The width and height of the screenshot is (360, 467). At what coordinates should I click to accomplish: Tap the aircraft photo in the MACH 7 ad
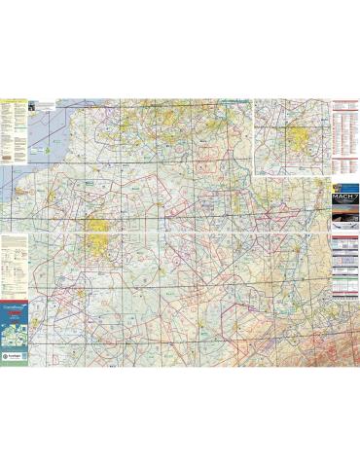coord(345,221)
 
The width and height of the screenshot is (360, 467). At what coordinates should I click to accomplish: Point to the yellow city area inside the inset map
coord(292,136)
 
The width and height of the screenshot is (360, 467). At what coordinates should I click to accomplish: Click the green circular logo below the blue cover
coord(13,360)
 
